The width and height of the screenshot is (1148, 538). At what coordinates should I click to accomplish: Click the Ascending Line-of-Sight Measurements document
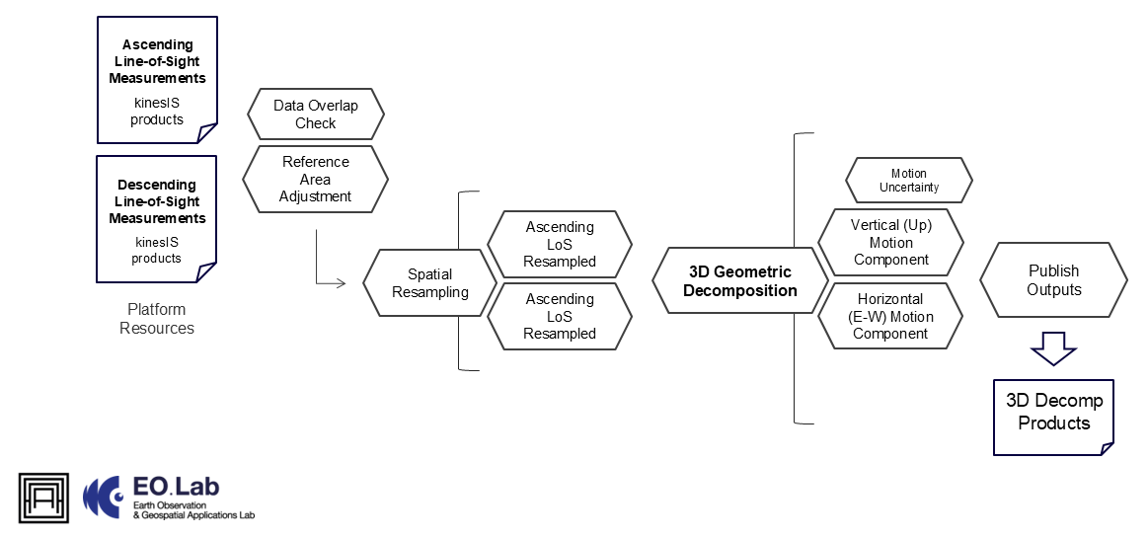click(x=157, y=79)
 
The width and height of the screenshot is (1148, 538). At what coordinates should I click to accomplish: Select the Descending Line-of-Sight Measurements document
click(x=157, y=218)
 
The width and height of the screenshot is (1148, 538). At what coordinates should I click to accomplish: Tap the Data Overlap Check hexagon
click(x=315, y=115)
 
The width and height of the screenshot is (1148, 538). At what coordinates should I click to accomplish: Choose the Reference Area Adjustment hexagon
click(x=315, y=179)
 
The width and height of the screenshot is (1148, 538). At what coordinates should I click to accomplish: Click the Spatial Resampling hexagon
click(x=429, y=283)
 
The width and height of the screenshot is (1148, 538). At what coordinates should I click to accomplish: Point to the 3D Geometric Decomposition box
click(x=739, y=281)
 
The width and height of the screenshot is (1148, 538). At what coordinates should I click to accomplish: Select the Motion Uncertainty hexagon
click(x=908, y=181)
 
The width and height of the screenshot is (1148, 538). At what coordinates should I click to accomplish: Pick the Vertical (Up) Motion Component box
click(x=890, y=243)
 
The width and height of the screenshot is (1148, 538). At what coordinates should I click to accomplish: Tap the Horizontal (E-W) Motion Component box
click(x=890, y=316)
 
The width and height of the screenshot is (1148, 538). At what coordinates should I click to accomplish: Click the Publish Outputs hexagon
click(x=1053, y=280)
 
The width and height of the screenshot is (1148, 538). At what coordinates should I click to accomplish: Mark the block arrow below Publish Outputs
click(x=1053, y=347)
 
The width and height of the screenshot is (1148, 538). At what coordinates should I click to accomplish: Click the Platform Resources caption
click(x=157, y=319)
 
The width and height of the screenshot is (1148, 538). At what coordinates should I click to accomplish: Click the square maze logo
click(x=43, y=498)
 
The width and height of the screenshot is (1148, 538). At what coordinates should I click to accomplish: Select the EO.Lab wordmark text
click(x=176, y=487)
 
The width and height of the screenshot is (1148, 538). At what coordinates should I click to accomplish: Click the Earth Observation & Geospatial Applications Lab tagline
click(x=192, y=509)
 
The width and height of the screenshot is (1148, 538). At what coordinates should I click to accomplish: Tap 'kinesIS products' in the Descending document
click(x=157, y=250)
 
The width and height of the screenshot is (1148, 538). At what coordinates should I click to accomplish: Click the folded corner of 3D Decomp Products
click(x=1107, y=448)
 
